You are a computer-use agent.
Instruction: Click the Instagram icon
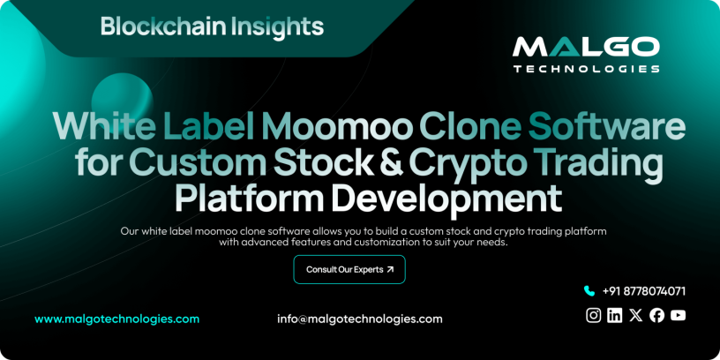click(x=594, y=315)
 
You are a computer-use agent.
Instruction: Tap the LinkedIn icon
click(x=615, y=315)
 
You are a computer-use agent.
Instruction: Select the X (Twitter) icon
click(x=636, y=315)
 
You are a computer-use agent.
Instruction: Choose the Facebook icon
click(x=656, y=315)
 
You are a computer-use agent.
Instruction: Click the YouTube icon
click(x=678, y=315)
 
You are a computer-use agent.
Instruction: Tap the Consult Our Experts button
click(x=349, y=269)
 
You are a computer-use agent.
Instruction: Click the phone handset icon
click(x=589, y=291)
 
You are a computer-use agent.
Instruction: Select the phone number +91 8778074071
click(x=644, y=291)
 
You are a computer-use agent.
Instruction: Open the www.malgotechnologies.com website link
click(x=116, y=319)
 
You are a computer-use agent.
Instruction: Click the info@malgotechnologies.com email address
click(x=360, y=319)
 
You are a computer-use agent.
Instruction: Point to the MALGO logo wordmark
click(x=586, y=47)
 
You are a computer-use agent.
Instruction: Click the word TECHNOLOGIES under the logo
click(x=586, y=68)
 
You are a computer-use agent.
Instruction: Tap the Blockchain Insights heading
click(x=212, y=26)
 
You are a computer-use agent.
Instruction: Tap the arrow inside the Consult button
click(x=390, y=269)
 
